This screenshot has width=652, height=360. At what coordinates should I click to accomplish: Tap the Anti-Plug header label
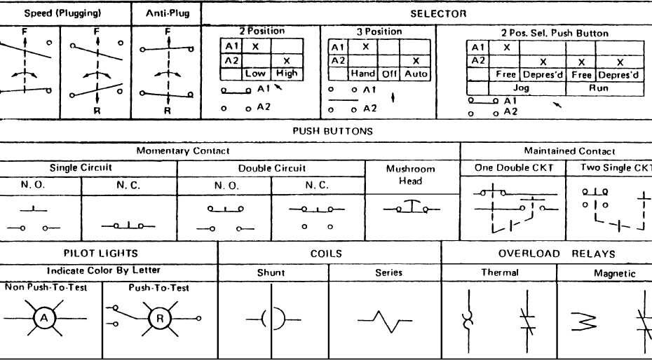coord(167,13)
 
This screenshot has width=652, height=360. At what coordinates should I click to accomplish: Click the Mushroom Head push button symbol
coord(412,208)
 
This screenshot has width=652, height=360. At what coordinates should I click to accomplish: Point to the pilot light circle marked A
coord(44,318)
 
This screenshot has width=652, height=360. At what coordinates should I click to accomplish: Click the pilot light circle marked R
coord(159,318)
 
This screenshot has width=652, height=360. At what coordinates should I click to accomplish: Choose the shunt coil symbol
coord(273,320)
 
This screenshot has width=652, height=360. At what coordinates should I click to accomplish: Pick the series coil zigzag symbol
coord(384,321)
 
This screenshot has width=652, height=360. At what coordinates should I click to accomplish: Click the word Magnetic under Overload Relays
coord(614,273)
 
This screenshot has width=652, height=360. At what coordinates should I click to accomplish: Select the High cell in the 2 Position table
coord(286,73)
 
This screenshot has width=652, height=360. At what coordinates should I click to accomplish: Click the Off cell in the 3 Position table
coord(390,73)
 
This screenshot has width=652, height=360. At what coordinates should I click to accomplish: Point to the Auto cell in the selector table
coord(416,73)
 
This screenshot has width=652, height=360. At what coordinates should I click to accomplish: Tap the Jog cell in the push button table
coord(521,88)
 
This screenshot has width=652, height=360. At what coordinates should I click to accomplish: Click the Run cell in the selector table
coord(599,88)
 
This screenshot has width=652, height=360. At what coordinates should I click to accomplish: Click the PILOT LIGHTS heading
coord(101,254)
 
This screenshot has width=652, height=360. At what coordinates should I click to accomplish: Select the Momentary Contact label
coord(182,151)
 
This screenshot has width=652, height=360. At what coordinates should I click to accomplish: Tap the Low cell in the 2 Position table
coord(255,73)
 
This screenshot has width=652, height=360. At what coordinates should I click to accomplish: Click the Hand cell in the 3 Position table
coord(363,73)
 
